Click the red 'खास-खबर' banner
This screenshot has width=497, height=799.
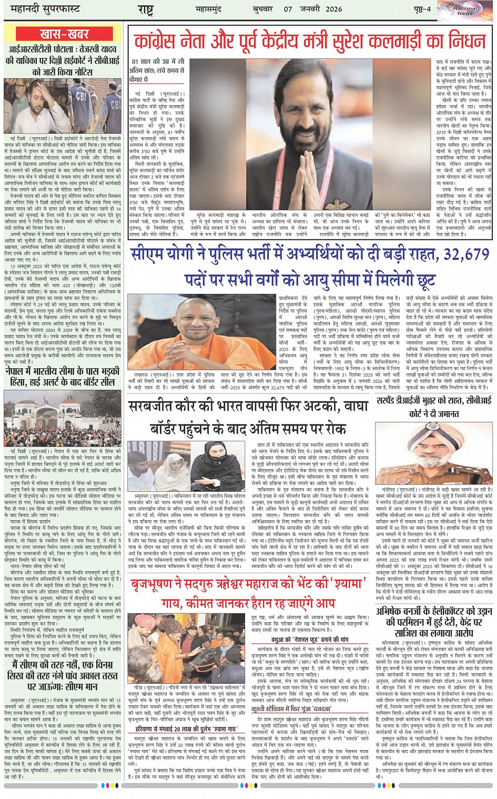click(64, 34)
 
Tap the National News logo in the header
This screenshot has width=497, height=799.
click(465, 11)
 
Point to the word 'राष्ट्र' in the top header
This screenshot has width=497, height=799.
click(145, 9)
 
